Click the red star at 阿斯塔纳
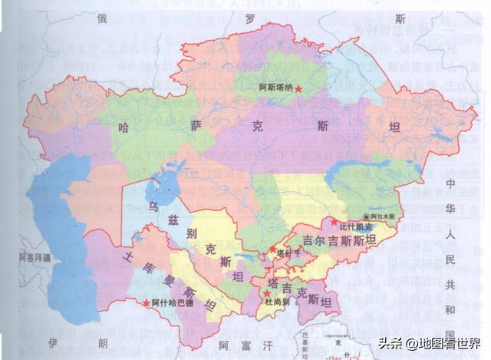298,90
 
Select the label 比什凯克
355,227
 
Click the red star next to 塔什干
272,249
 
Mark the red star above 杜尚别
266,293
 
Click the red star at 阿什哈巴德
146,302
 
